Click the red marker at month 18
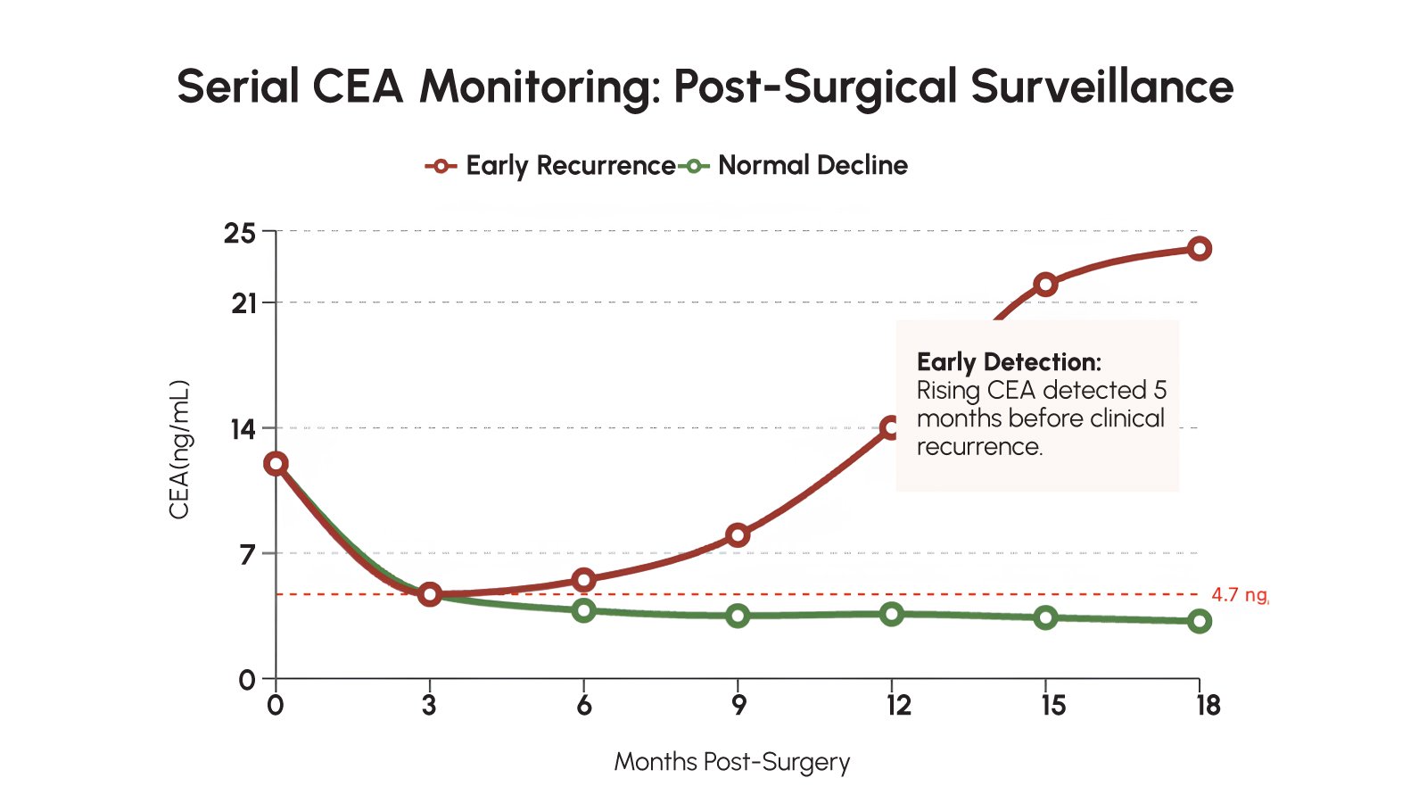coord(1200,248)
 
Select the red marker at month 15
coord(1045,285)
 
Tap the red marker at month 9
coord(738,535)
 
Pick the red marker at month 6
coord(583,581)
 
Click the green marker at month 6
coord(583,610)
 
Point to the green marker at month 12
coord(892,614)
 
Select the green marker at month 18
coord(1200,621)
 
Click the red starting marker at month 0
coord(276,463)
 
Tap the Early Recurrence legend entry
coord(551,166)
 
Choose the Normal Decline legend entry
coord(794,166)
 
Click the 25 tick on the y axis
coord(239,233)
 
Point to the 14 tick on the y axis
coord(243,429)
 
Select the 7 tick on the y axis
coord(247,554)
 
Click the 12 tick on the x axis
coord(898,706)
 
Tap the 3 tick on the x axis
coord(429,706)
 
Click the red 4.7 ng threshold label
coord(1238,595)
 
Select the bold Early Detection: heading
coord(1009,362)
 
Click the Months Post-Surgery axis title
coord(731,762)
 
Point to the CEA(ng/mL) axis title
coord(179,450)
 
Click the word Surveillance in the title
coord(1101,87)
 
